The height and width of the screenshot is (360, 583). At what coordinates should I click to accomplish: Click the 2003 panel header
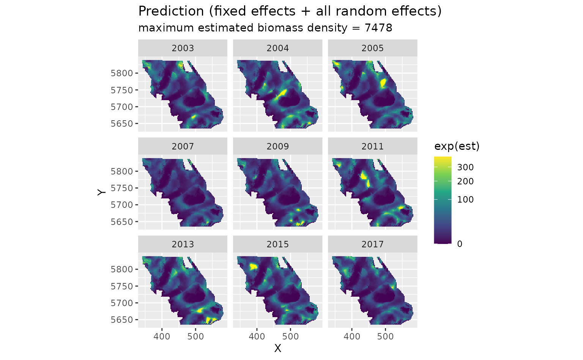pyautogui.click(x=183, y=48)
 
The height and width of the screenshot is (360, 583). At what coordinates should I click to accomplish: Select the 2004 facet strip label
pyautogui.click(x=277, y=48)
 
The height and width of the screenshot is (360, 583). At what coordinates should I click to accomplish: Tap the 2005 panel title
pyautogui.click(x=372, y=48)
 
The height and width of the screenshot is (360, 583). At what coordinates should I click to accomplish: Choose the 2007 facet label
pyautogui.click(x=183, y=146)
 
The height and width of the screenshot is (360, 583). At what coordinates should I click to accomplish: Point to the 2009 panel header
pyautogui.click(x=277, y=146)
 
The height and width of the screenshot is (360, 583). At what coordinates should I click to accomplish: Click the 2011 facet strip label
pyautogui.click(x=372, y=146)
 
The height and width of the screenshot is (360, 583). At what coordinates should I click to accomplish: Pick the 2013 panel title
pyautogui.click(x=183, y=244)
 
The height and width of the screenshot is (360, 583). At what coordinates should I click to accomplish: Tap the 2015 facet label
pyautogui.click(x=277, y=244)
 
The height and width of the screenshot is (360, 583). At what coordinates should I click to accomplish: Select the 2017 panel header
pyautogui.click(x=372, y=244)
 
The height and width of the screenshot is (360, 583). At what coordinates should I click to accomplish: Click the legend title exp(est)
pyautogui.click(x=457, y=146)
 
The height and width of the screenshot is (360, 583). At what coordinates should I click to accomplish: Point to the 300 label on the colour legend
pyautogui.click(x=465, y=167)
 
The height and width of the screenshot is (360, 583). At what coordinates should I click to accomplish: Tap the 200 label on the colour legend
pyautogui.click(x=465, y=181)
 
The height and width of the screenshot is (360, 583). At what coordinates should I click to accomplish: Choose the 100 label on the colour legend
pyautogui.click(x=465, y=200)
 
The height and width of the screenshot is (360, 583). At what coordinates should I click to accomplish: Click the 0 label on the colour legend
pyautogui.click(x=460, y=244)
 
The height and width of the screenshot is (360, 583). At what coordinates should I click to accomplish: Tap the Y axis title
pyautogui.click(x=101, y=192)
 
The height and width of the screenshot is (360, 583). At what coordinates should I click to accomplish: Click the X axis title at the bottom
pyautogui.click(x=277, y=348)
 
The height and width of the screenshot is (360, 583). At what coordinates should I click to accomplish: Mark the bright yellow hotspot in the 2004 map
pyautogui.click(x=282, y=93)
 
